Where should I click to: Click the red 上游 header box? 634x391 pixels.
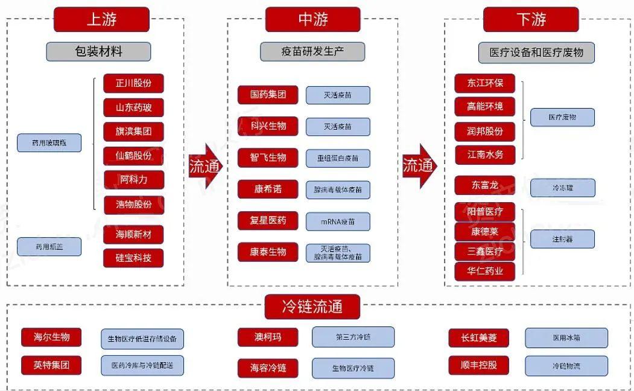[101, 19]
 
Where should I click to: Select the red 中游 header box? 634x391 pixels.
[312, 19]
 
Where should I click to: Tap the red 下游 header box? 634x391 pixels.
[531, 19]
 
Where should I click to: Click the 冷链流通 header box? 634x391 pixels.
[312, 307]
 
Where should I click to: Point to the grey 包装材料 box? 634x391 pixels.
[98, 51]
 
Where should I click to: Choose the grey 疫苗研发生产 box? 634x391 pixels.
[312, 51]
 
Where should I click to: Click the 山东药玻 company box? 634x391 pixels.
[133, 107]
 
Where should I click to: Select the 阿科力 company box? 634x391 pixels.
[133, 180]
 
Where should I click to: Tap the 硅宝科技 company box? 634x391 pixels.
[133, 258]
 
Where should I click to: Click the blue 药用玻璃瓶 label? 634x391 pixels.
[49, 143]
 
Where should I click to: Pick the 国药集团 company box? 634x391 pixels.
[268, 95]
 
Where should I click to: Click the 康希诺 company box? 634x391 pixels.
[268, 189]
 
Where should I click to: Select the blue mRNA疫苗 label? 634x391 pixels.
[338, 221]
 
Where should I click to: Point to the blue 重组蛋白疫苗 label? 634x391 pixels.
[338, 158]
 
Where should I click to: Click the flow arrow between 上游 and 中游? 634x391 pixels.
[205, 166]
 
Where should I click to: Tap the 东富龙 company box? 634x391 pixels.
[484, 185]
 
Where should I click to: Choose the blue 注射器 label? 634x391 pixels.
[562, 239]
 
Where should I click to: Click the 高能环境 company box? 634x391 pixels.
[484, 106]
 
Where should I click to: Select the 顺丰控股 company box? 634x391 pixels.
[478, 365]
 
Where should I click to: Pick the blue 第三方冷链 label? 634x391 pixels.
[353, 337]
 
